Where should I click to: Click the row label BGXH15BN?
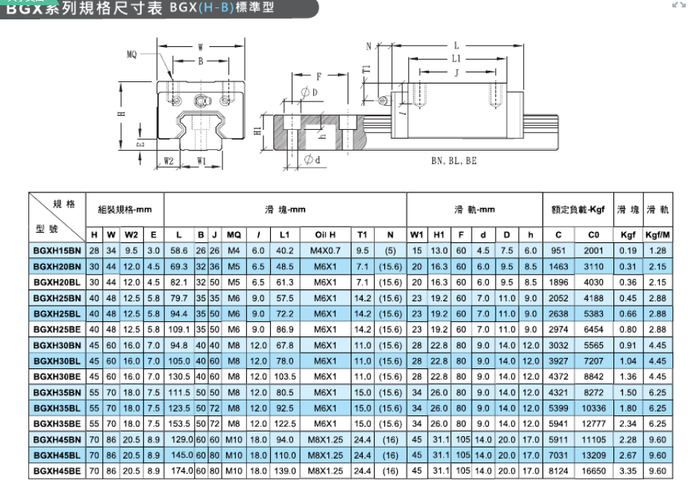coord(57,251)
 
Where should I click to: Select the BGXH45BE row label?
coord(57,471)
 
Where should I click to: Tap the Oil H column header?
coord(325,235)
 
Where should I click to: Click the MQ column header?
coord(234,235)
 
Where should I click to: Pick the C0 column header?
coord(593,235)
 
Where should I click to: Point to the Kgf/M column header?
coord(657,235)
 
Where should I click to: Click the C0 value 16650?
coord(593,471)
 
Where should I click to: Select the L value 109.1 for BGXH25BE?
coord(179,330)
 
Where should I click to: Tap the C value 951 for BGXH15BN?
coord(558,251)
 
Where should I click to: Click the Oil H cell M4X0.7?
coord(325,251)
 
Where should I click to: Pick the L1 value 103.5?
coord(285,377)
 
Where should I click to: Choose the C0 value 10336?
coord(593,408)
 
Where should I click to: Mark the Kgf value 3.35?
coord(628,471)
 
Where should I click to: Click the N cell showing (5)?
coord(390,251)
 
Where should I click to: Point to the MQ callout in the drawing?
coord(131,54)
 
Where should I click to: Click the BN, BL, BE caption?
coord(454,161)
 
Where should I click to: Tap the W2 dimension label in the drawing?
coord(169,161)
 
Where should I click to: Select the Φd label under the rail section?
coord(312,160)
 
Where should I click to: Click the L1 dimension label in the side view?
coord(457,59)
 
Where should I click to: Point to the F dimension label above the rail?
coord(319,76)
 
